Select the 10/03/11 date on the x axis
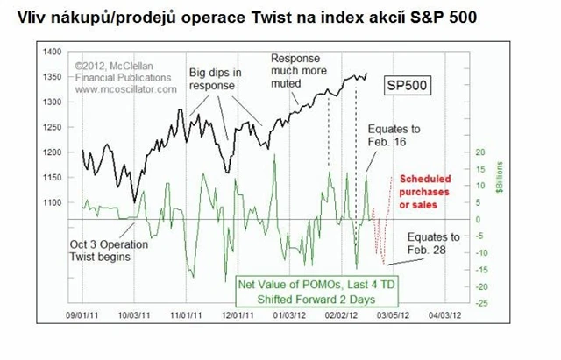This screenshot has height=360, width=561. (137, 312)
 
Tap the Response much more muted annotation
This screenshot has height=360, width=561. (298, 71)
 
